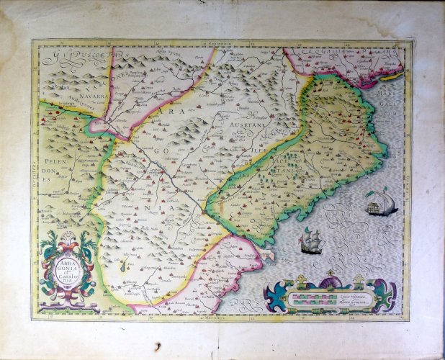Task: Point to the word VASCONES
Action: coord(119,79)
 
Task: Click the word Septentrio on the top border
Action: coord(223,42)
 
